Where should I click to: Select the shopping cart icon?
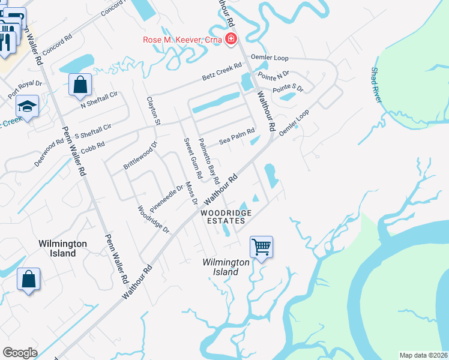tap(261, 247)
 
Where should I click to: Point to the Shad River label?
tap(376, 85)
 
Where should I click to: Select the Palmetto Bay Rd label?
tap(208, 161)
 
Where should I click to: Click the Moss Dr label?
tap(191, 193)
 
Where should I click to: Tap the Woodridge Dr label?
tap(154, 220)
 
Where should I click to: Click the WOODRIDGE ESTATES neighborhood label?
tap(226, 217)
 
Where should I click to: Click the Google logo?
tap(20, 352)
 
